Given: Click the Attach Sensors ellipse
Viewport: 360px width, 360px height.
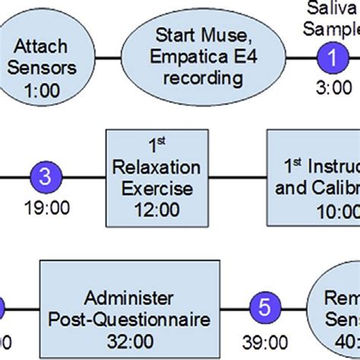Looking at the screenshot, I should (x=46, y=57).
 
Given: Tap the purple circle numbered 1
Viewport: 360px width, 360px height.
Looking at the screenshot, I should (x=330, y=56).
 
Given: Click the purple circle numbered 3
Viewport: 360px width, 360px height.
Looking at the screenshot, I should (x=45, y=177).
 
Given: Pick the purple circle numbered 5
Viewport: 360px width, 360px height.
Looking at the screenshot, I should (x=264, y=308).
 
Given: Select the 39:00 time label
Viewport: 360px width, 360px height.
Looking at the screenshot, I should (x=264, y=340).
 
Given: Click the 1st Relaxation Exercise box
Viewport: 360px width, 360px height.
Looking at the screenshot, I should (x=155, y=177).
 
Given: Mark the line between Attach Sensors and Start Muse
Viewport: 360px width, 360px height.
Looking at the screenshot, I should (x=111, y=56).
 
